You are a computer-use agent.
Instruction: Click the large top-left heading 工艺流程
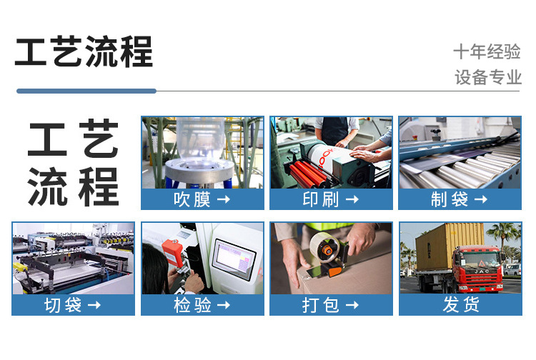tap(84, 52)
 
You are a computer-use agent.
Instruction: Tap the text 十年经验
tap(487, 51)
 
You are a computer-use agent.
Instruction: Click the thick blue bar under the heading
tap(86, 91)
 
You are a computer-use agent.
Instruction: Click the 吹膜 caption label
tap(192, 199)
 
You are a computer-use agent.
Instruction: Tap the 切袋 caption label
tap(63, 305)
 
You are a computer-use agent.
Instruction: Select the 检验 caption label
tap(192, 305)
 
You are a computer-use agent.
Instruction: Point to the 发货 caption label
tap(460, 305)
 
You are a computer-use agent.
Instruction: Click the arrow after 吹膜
tap(224, 199)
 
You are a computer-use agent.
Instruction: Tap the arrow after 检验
tap(224, 305)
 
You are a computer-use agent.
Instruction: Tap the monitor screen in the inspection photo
tap(233, 255)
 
